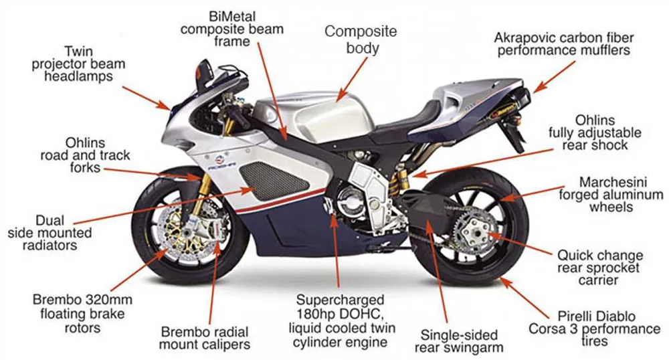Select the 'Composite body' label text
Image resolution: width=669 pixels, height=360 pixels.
tap(361, 39)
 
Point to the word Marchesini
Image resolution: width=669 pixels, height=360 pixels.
tap(611, 182)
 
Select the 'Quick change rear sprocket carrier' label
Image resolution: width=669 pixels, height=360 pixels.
tap(600, 268)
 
